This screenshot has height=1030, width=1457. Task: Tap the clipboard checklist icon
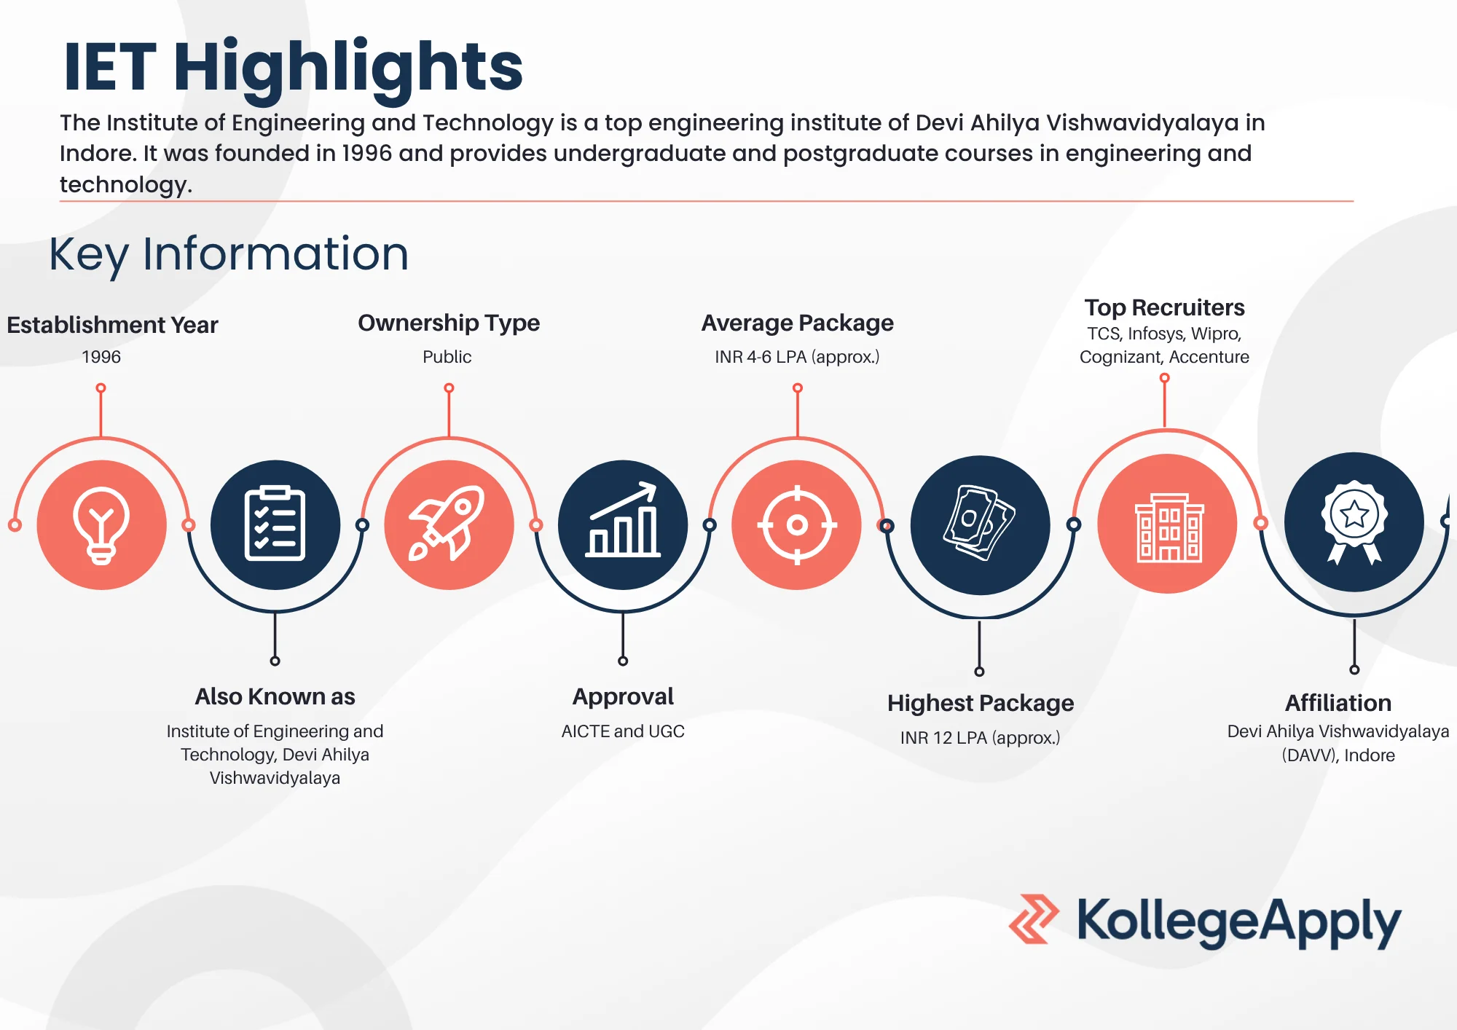[x=275, y=523]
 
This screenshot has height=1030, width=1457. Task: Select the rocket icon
[x=448, y=523]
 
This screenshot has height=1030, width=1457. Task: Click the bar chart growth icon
[x=623, y=519]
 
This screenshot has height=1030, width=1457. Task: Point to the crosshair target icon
[x=797, y=524]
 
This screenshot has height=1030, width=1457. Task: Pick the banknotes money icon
[x=980, y=523]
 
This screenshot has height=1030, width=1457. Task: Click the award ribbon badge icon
[x=1354, y=522]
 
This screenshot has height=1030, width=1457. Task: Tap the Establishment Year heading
[x=112, y=325]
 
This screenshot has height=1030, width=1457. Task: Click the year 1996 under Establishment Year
[x=101, y=357]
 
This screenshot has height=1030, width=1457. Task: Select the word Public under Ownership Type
[x=447, y=357]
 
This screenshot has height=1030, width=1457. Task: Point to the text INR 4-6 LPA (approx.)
[x=797, y=357]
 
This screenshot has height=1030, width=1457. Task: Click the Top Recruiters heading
[x=1164, y=307]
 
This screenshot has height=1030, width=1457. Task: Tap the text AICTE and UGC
[x=623, y=731]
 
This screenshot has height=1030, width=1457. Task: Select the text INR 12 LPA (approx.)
[x=980, y=738]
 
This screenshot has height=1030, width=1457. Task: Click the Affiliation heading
[x=1338, y=703]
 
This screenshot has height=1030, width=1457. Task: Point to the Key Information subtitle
[x=229, y=255]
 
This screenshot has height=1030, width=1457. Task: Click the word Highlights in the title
[x=348, y=67]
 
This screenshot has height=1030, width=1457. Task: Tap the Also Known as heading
[x=275, y=696]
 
